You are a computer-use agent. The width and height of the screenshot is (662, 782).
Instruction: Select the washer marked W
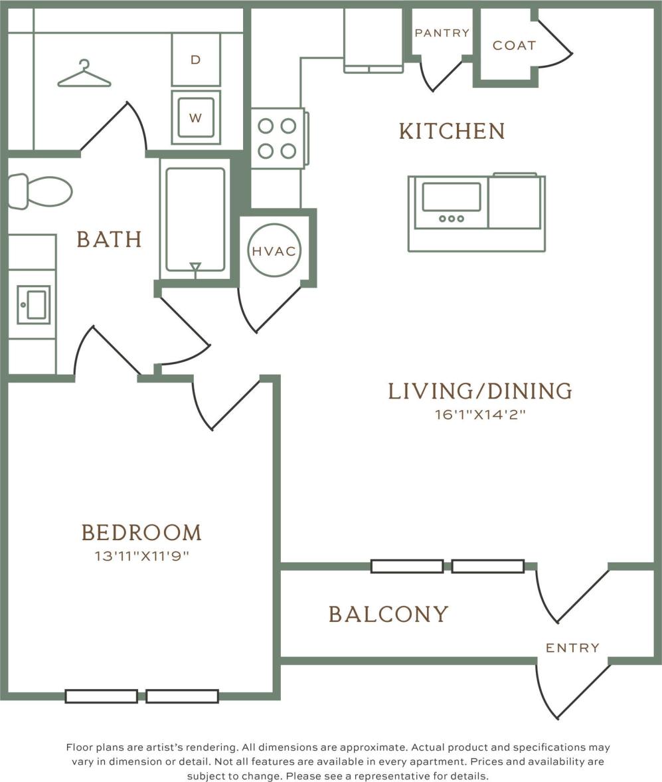point(196,118)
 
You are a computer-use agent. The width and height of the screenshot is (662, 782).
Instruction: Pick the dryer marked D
point(196,60)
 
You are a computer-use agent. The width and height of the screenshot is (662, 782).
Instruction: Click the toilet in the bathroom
point(40,191)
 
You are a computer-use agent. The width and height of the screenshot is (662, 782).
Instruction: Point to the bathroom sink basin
point(34,304)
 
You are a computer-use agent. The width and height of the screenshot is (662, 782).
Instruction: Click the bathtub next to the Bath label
point(195,220)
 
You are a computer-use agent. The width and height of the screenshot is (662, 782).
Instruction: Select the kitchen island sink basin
point(452,197)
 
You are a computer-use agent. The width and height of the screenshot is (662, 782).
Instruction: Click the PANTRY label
point(442,33)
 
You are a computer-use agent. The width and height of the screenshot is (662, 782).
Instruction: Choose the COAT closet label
point(514,45)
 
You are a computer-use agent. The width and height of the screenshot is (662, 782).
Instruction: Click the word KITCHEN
point(452,131)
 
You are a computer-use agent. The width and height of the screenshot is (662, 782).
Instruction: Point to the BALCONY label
point(389,614)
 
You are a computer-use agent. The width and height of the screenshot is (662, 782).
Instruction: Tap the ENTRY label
point(572,648)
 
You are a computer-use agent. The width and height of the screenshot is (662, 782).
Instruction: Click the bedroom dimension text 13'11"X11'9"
point(142,555)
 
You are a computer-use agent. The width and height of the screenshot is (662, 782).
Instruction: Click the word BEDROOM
point(141,533)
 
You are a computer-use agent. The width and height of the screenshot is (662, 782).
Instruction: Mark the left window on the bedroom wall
point(101,696)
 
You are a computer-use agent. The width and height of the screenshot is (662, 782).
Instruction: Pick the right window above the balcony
point(488,566)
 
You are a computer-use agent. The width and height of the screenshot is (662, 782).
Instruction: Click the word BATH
point(109,239)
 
